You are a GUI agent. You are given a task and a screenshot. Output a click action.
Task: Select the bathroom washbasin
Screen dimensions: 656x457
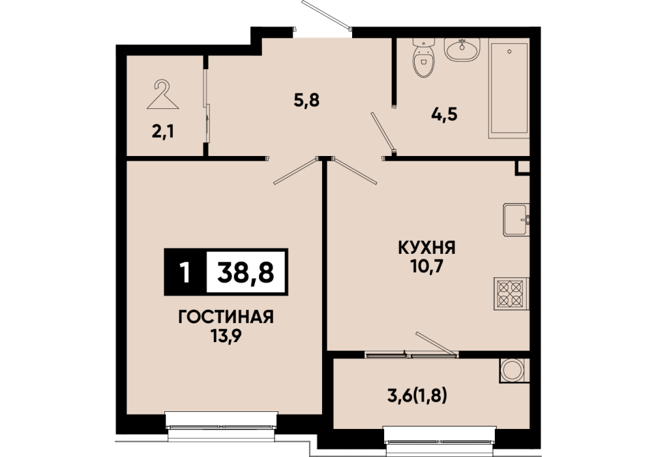(462, 50)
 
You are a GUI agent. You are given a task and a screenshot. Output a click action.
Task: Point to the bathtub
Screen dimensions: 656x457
(509, 88)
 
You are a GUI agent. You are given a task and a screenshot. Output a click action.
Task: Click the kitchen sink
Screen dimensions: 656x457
(516, 219)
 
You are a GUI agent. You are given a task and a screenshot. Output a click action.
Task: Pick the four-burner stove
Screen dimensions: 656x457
(509, 294)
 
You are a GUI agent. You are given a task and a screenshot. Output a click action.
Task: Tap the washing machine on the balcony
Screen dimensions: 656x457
(514, 370)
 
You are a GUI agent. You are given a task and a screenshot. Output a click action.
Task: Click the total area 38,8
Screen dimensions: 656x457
(246, 272)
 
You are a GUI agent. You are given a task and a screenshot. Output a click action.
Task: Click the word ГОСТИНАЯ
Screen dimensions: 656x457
(226, 317)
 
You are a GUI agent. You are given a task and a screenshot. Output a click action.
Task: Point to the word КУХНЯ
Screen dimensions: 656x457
(426, 248)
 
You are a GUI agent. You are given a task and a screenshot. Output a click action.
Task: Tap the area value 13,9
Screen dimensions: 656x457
(226, 336)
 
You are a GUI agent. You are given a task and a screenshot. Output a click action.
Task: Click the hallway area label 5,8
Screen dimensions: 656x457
(306, 101)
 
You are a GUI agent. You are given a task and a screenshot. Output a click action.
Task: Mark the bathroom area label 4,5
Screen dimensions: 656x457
(444, 114)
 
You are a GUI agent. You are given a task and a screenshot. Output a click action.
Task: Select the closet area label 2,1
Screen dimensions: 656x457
(163, 133)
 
